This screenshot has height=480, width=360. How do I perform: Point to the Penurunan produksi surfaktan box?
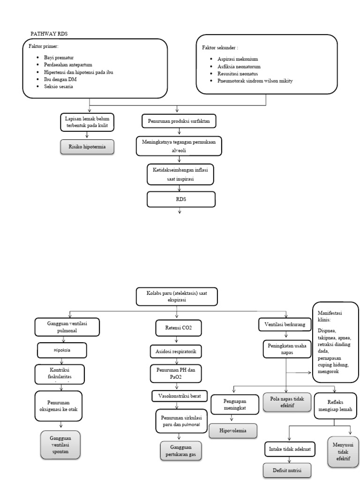coord(179,121)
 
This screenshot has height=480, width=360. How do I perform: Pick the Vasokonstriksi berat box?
coord(180,396)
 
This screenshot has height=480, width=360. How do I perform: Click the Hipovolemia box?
coord(232,430)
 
